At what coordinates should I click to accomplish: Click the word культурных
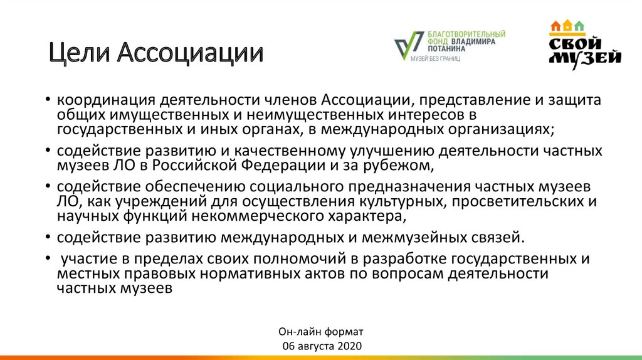coord(403,202)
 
